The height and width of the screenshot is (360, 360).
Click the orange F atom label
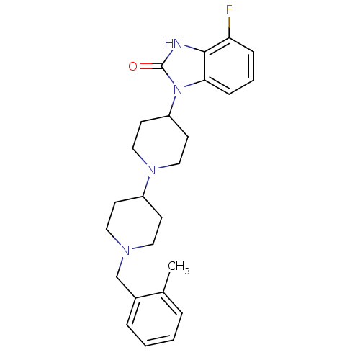click(x=229, y=10)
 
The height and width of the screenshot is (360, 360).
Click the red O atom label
click(x=132, y=67)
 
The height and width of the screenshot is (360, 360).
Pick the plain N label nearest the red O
click(x=177, y=90)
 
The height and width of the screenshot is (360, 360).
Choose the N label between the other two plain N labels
click(x=151, y=171)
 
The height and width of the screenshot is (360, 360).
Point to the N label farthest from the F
click(x=126, y=251)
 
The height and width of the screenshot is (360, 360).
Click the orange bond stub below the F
click(x=229, y=22)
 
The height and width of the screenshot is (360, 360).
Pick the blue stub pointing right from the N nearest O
click(x=190, y=86)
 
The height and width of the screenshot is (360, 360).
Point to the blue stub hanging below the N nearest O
click(x=174, y=102)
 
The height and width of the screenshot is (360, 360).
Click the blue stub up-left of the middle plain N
click(x=143, y=161)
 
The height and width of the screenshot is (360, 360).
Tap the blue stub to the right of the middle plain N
click(x=163, y=168)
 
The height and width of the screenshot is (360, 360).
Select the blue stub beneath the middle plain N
click(x=148, y=182)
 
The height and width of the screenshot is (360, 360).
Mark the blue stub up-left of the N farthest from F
click(x=118, y=241)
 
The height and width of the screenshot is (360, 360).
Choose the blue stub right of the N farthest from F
click(x=138, y=248)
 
